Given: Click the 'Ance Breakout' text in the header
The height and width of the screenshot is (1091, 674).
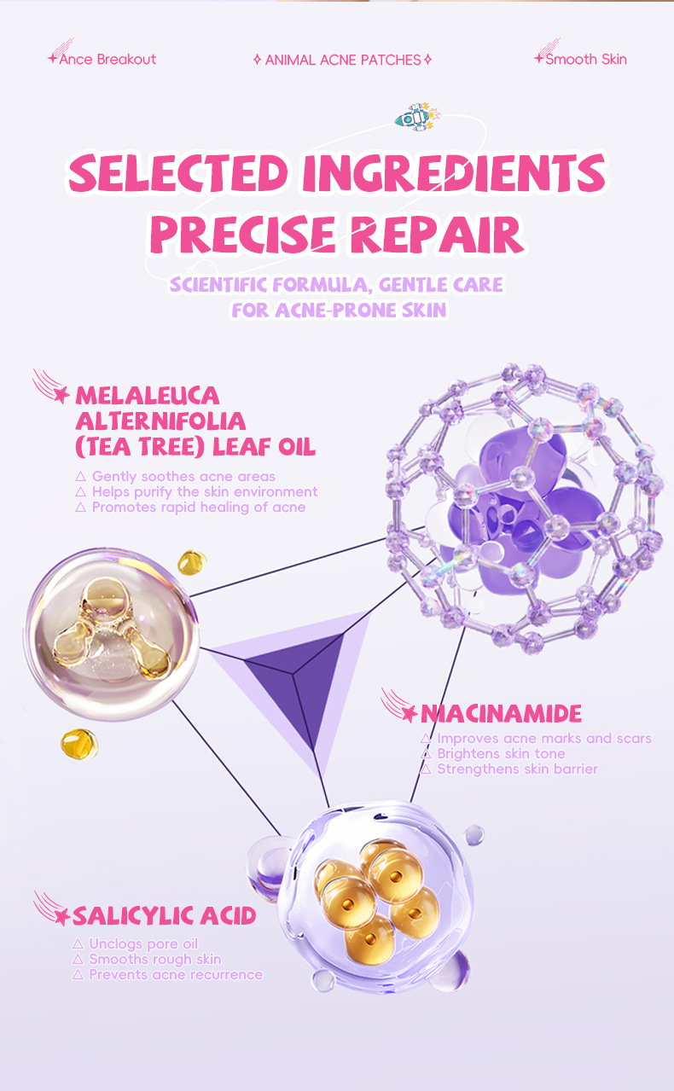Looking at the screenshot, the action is click(107, 59).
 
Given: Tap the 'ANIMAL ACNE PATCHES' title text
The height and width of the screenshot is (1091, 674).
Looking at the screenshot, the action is click(342, 60).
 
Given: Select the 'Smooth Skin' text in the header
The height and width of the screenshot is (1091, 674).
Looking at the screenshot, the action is click(585, 59).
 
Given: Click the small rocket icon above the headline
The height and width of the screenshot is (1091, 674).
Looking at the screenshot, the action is click(415, 117).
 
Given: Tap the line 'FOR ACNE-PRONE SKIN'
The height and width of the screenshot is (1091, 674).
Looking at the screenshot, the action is click(339, 309).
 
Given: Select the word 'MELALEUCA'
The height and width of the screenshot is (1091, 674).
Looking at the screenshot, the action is click(148, 396).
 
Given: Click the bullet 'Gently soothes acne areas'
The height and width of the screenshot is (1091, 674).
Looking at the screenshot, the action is click(183, 476).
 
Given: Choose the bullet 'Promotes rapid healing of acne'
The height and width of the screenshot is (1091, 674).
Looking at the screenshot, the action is click(198, 507).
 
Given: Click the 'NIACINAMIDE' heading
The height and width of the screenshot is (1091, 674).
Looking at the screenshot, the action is click(502, 713).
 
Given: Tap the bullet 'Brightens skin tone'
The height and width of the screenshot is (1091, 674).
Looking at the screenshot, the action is click(501, 753).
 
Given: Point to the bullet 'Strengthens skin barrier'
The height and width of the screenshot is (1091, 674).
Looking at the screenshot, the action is click(517, 769).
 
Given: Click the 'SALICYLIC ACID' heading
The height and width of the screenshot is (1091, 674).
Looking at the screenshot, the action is click(164, 916).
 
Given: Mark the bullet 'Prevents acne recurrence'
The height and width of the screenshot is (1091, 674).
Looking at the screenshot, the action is click(176, 974).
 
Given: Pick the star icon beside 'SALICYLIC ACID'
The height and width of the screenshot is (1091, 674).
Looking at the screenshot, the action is click(61, 917).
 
